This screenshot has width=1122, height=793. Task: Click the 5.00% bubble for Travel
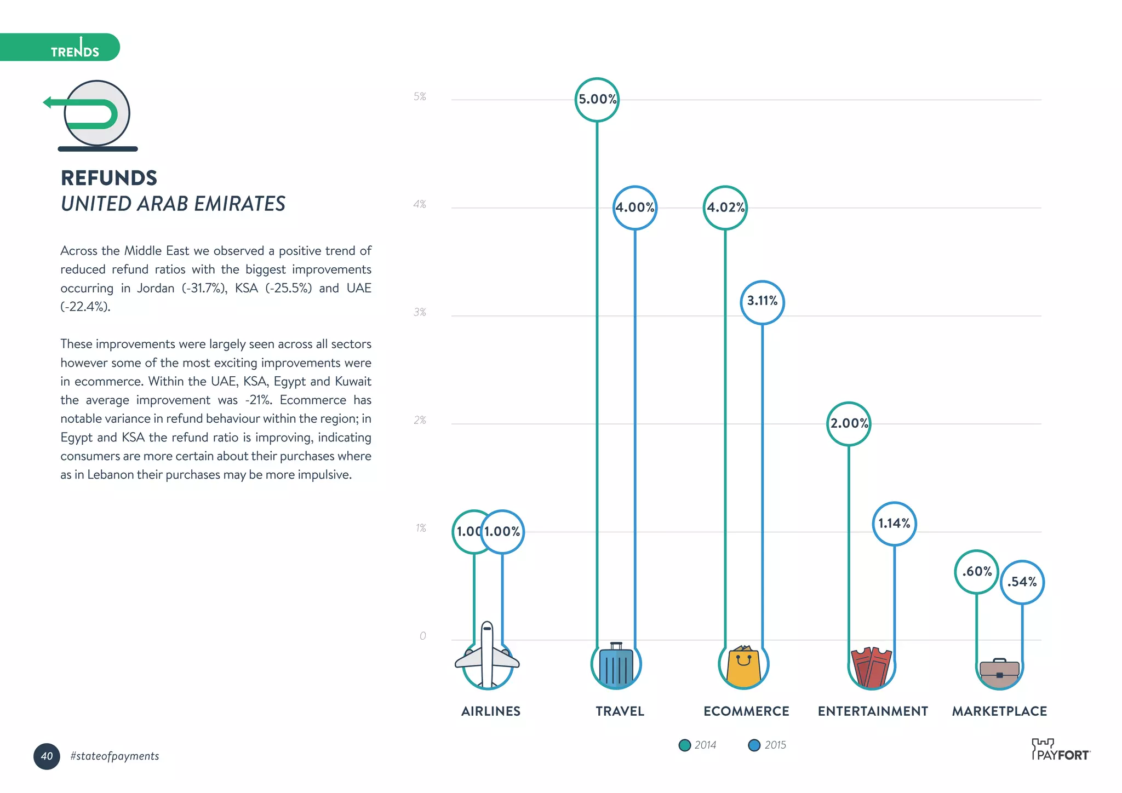(597, 100)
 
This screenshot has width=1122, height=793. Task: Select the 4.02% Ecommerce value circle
(725, 208)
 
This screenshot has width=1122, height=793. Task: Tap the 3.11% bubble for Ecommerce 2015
(762, 302)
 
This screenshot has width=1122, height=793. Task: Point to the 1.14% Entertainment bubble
(894, 524)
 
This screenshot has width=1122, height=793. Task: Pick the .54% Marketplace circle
(1022, 582)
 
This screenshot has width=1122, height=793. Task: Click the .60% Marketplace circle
(976, 572)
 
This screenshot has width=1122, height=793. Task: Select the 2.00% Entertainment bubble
(849, 423)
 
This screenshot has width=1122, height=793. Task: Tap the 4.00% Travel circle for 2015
(634, 208)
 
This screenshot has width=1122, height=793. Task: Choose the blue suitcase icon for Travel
(616, 665)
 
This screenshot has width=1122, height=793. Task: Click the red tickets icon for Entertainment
(871, 667)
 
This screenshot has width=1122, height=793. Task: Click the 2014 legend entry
(697, 745)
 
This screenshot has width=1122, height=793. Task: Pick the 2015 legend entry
(767, 745)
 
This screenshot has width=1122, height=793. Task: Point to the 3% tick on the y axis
(420, 312)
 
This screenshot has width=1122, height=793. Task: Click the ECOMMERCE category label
(746, 711)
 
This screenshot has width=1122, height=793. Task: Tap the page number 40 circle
(47, 756)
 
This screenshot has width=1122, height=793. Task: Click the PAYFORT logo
(1061, 750)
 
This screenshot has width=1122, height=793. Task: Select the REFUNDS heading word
(109, 178)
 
